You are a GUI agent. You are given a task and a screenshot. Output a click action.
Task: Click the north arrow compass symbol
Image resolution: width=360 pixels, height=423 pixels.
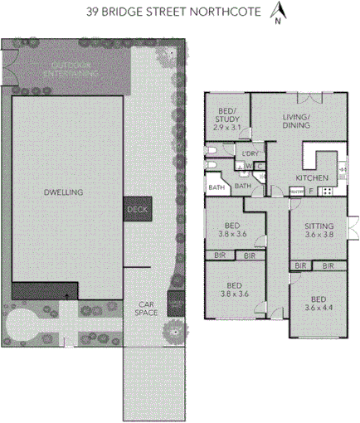280,12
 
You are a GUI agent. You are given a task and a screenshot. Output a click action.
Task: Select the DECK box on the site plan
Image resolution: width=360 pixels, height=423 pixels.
137,211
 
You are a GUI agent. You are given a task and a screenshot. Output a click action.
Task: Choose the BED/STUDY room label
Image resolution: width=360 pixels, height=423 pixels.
227,115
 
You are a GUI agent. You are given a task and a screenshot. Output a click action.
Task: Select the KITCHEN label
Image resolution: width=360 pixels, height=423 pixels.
311,178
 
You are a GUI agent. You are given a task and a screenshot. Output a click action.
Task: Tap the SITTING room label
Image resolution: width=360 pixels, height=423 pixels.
319,226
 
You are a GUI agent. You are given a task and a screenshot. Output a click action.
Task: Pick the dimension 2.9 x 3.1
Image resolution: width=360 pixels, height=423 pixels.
226,127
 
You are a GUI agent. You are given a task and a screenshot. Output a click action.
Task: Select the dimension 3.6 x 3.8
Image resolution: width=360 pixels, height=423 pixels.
319,235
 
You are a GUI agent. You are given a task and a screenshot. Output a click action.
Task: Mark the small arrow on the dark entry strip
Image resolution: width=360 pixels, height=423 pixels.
66,293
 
